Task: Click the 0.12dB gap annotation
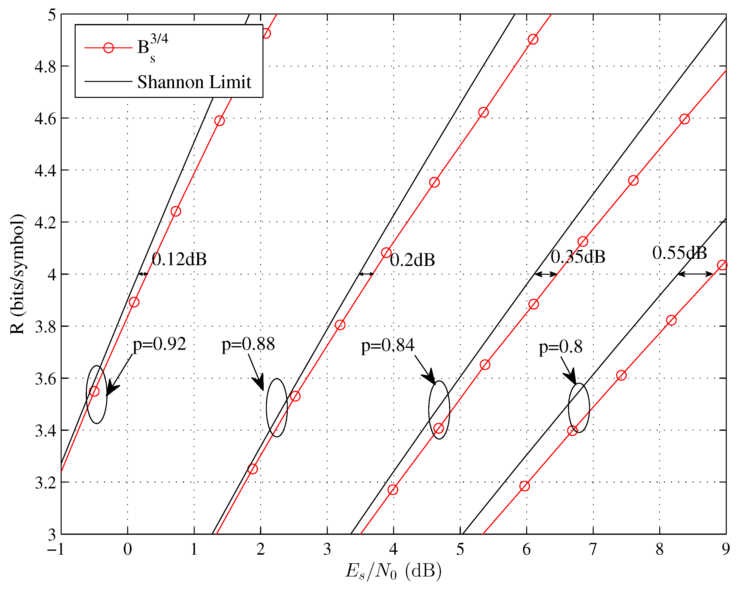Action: coord(179,259)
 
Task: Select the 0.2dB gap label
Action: coord(412,260)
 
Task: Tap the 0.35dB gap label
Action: coord(578,257)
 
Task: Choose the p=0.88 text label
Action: coord(248,344)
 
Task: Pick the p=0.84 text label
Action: coord(387,345)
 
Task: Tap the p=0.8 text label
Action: coord(560,347)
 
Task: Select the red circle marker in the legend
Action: coord(109,48)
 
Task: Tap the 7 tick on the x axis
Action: coord(593,550)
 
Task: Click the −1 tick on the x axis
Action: coord(56,550)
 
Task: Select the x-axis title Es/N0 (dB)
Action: coord(393,571)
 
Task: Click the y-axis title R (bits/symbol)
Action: coord(17,274)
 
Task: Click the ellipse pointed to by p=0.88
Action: coord(277,408)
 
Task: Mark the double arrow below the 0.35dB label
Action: coord(546,274)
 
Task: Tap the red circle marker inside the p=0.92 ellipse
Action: coord(94,392)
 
